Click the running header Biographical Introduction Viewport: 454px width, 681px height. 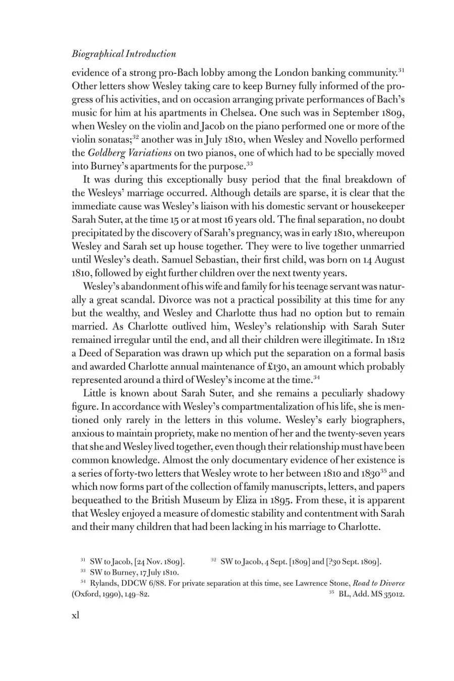point(124,54)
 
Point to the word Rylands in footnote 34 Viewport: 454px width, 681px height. point(104,583)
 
